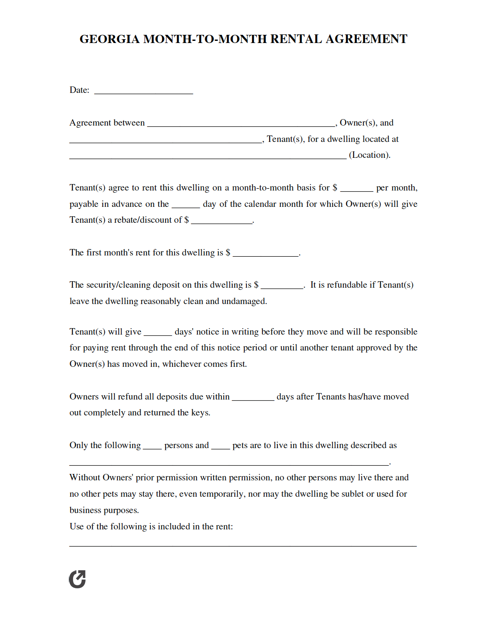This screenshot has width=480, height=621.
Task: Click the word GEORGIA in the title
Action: point(110,39)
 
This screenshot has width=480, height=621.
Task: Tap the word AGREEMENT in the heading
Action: point(366,39)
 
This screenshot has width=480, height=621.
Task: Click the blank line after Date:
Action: point(144,91)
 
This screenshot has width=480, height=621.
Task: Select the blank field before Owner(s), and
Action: point(241,124)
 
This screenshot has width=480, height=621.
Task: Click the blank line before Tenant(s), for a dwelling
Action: point(166,140)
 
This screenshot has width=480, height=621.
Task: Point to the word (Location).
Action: point(369,155)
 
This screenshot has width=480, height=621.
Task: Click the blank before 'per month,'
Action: point(357,189)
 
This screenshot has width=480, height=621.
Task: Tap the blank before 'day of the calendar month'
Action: point(186,205)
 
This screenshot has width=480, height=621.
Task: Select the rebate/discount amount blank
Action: point(222,221)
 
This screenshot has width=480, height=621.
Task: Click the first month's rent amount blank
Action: point(266,254)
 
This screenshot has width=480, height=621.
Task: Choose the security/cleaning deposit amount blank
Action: point(282,286)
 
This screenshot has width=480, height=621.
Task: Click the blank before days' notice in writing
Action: point(158,333)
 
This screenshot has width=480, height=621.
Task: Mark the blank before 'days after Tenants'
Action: point(253,398)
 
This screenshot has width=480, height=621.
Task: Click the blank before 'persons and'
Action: point(152,446)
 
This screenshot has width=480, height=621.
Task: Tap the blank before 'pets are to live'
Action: point(221,446)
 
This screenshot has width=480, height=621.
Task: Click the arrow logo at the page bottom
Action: point(77,579)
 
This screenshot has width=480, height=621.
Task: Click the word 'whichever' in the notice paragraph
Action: point(181,364)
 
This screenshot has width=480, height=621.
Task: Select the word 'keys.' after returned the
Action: point(201,413)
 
